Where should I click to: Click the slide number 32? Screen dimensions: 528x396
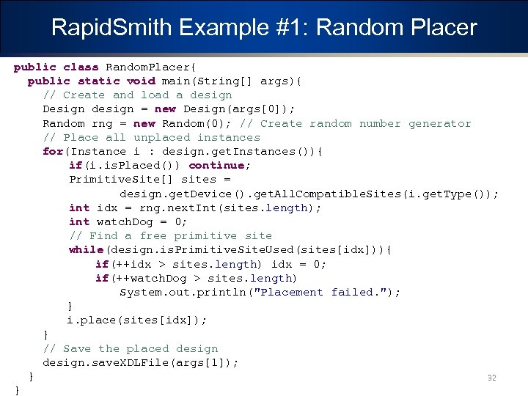point(492,378)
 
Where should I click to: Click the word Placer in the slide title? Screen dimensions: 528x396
point(442,28)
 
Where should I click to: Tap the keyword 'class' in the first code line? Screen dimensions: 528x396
point(81,67)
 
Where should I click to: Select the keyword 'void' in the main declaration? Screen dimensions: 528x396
point(141,81)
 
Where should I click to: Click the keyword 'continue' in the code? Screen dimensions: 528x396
point(219,165)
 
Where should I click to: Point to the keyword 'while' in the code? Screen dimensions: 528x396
point(86,250)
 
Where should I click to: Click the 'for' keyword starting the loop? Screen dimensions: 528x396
point(53,151)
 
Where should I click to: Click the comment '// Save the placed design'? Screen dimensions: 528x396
point(130,348)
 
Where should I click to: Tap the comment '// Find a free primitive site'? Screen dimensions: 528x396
point(170,235)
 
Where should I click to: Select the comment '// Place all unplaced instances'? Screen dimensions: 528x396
point(151,137)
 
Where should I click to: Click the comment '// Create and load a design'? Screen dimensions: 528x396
point(137,95)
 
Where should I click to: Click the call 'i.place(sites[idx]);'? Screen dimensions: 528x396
point(137,320)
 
